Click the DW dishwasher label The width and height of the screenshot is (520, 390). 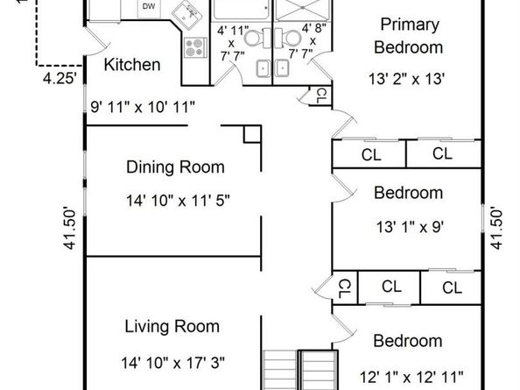tap(149, 6)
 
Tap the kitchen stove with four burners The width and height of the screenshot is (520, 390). tap(196, 48)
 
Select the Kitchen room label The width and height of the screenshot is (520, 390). tap(132, 64)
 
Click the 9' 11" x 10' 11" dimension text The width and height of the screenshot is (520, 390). tap(143, 107)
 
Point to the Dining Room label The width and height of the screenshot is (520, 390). tap(175, 167)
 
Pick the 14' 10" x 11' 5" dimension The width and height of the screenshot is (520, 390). tap(178, 201)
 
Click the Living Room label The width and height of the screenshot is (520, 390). tap(172, 326)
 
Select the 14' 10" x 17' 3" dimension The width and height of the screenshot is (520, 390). tap(172, 363)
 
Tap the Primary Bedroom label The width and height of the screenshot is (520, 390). tap(409, 36)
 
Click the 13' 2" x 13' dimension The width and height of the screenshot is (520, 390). tap(406, 79)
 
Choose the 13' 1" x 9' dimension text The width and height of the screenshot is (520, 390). tap(410, 227)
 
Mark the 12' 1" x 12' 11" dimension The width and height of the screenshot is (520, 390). tap(411, 377)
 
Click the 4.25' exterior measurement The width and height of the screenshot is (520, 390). tap(60, 79)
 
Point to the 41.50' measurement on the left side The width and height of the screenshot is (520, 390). tap(70, 229)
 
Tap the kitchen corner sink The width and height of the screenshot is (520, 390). tap(186, 15)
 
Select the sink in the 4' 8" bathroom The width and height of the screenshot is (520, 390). tap(282, 68)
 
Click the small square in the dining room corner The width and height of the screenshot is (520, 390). tap(252, 134)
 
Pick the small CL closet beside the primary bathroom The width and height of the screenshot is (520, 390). tap(320, 96)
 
